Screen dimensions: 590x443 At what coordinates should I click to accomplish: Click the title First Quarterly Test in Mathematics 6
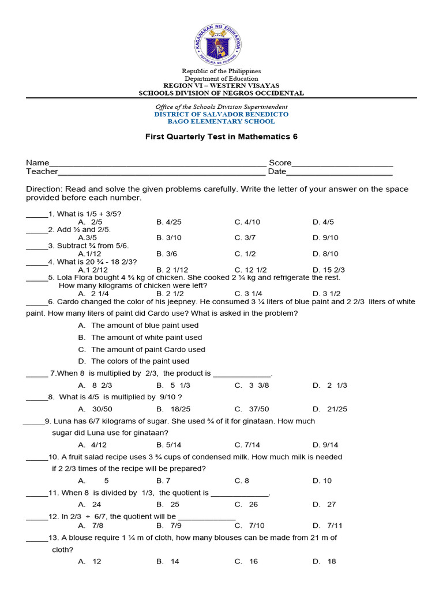221,137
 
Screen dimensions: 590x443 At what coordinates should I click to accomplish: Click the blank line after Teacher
162,172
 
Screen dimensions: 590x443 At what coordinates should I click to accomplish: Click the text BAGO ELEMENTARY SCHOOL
221,122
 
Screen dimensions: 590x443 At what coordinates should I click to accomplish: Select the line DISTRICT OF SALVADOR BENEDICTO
221,114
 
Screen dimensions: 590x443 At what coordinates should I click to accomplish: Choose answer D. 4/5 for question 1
323,222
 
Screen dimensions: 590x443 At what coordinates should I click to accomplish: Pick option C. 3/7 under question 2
245,237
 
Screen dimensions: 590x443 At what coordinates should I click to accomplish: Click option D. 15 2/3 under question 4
329,270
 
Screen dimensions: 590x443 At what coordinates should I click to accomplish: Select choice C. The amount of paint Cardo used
142,349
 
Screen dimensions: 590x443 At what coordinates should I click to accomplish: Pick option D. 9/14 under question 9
325,445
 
